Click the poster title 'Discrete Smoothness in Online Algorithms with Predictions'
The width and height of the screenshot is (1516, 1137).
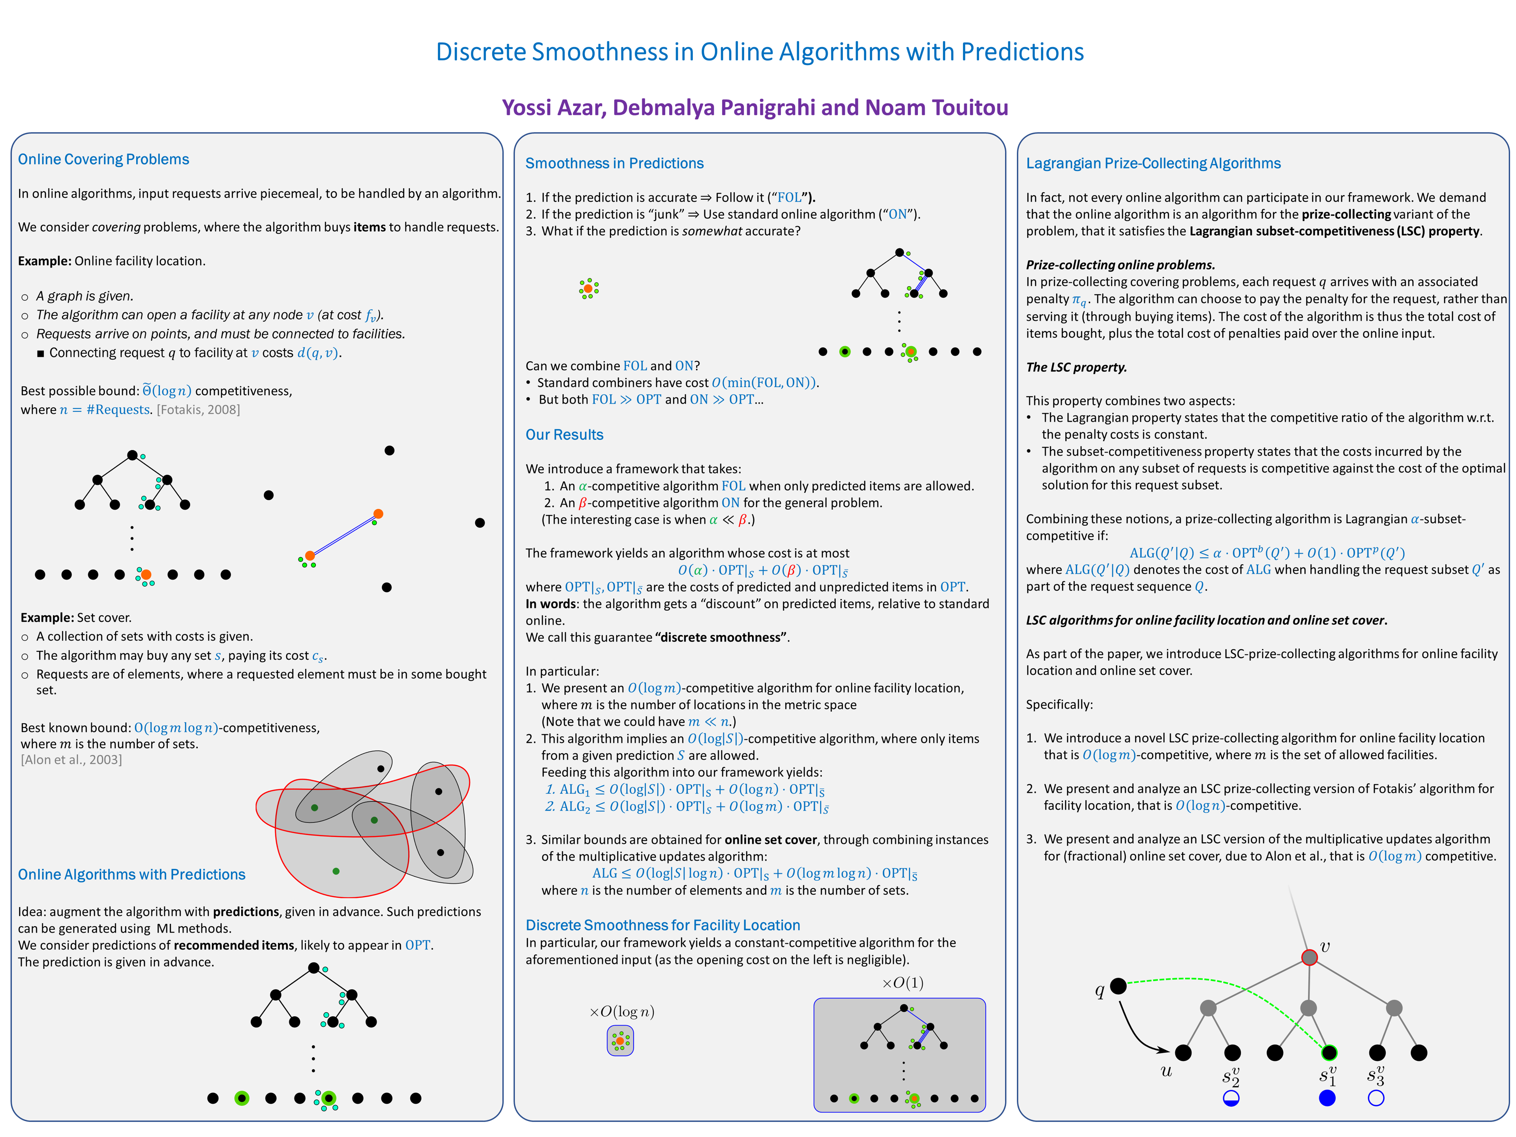click(x=759, y=52)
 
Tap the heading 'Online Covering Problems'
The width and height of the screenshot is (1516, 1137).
click(x=103, y=159)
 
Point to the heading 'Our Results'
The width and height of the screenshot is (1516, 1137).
click(x=564, y=435)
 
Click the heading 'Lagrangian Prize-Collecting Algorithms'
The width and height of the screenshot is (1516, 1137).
click(x=1153, y=163)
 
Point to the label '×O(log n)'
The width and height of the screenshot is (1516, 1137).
click(x=622, y=1011)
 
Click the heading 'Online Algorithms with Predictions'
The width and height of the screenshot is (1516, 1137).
click(x=131, y=874)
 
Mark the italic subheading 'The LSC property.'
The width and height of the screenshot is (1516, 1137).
click(x=1076, y=367)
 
